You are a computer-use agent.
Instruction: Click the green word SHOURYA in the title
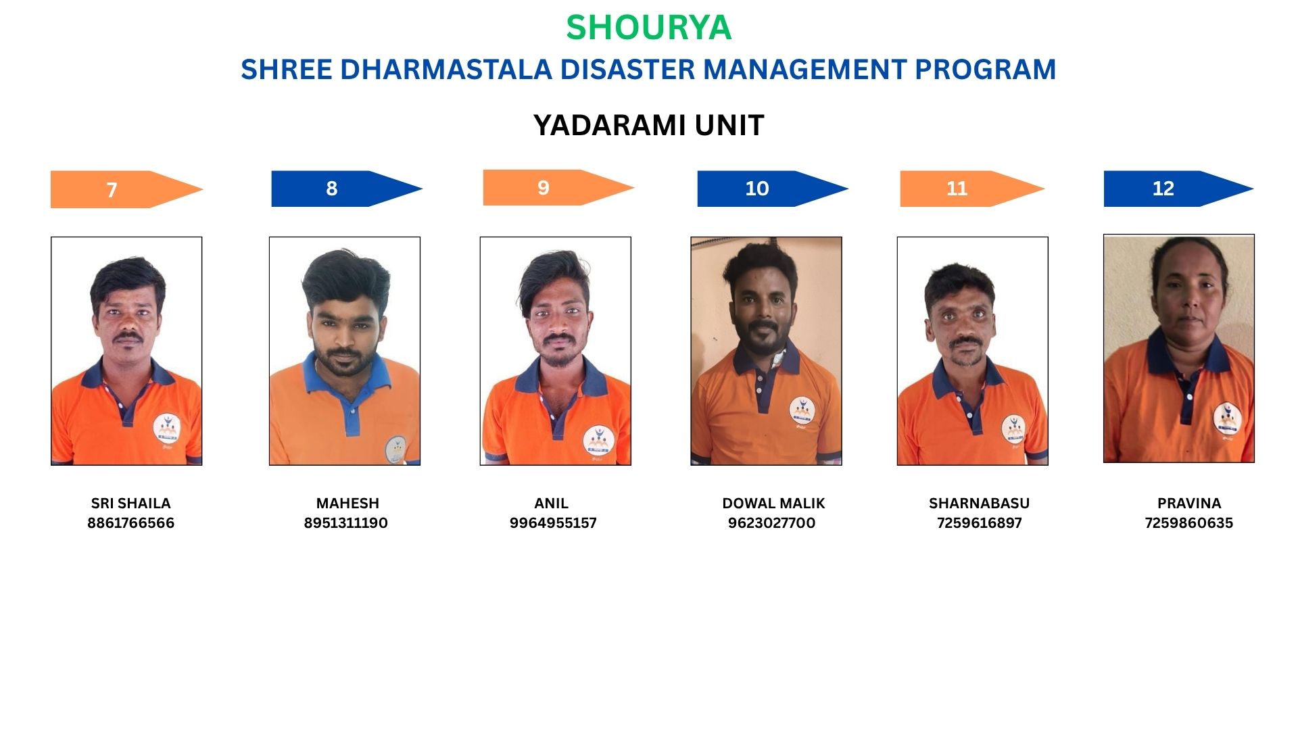point(649,28)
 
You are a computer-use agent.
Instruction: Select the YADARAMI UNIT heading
point(649,125)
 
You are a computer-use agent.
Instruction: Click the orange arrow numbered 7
point(127,189)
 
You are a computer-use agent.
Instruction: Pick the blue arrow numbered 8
point(347,189)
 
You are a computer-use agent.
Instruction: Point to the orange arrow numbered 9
point(559,187)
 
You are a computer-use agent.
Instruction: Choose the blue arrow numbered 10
point(773,189)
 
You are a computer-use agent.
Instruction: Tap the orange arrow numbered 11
point(973,189)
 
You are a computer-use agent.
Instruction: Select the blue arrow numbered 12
point(1179,189)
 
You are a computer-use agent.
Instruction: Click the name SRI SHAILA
point(130,504)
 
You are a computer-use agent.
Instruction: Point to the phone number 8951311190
point(345,523)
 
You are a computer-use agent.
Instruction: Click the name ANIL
point(551,504)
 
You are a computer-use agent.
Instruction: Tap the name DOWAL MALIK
point(773,504)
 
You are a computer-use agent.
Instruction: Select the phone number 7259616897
point(979,523)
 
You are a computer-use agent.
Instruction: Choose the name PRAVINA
point(1189,504)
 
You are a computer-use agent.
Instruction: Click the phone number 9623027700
point(771,523)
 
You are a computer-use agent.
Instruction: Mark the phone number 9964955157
point(553,523)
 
